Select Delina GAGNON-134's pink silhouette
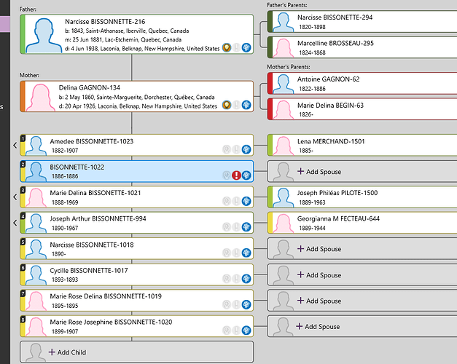(36, 97)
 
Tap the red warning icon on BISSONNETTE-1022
(236, 175)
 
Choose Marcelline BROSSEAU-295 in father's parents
(335, 43)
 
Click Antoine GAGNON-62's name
(327, 79)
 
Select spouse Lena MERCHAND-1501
(331, 141)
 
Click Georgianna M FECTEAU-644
(338, 218)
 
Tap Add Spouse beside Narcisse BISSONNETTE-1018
(319, 249)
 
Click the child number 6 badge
(23, 267)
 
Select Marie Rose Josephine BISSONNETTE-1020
(111, 322)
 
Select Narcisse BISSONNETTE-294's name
(335, 17)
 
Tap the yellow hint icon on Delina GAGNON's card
(227, 106)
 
